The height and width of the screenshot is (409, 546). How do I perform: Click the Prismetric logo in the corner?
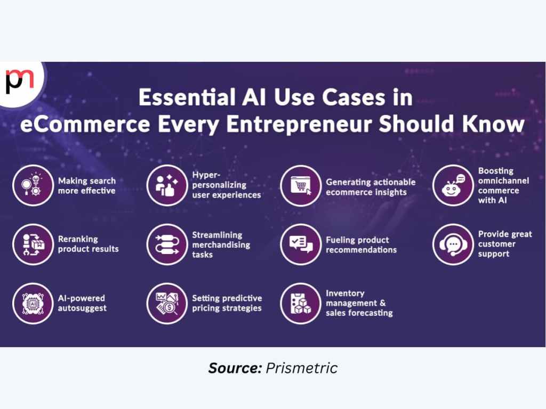(20, 81)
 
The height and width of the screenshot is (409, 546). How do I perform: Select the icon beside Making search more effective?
(33, 185)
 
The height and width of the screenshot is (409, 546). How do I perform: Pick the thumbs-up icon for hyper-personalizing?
(167, 185)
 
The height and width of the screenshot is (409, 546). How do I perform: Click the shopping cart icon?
(301, 185)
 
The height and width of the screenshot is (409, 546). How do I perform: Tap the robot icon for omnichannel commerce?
(453, 185)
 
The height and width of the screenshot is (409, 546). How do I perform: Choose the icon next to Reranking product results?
(33, 244)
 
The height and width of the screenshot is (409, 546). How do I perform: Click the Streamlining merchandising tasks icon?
(167, 244)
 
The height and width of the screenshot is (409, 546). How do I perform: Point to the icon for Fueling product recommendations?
(301, 244)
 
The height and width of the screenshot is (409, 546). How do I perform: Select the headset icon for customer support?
(453, 244)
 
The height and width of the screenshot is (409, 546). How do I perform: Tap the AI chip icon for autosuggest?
(33, 304)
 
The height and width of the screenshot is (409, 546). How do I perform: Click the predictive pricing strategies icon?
(167, 304)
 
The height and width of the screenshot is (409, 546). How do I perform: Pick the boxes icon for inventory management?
(301, 304)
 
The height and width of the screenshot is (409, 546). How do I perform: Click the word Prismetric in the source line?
(302, 368)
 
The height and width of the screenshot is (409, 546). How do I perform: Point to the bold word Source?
(235, 368)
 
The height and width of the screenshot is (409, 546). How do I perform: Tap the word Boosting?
(495, 171)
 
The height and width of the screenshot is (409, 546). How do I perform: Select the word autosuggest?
(82, 308)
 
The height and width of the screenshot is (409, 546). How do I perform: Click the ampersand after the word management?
(383, 303)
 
